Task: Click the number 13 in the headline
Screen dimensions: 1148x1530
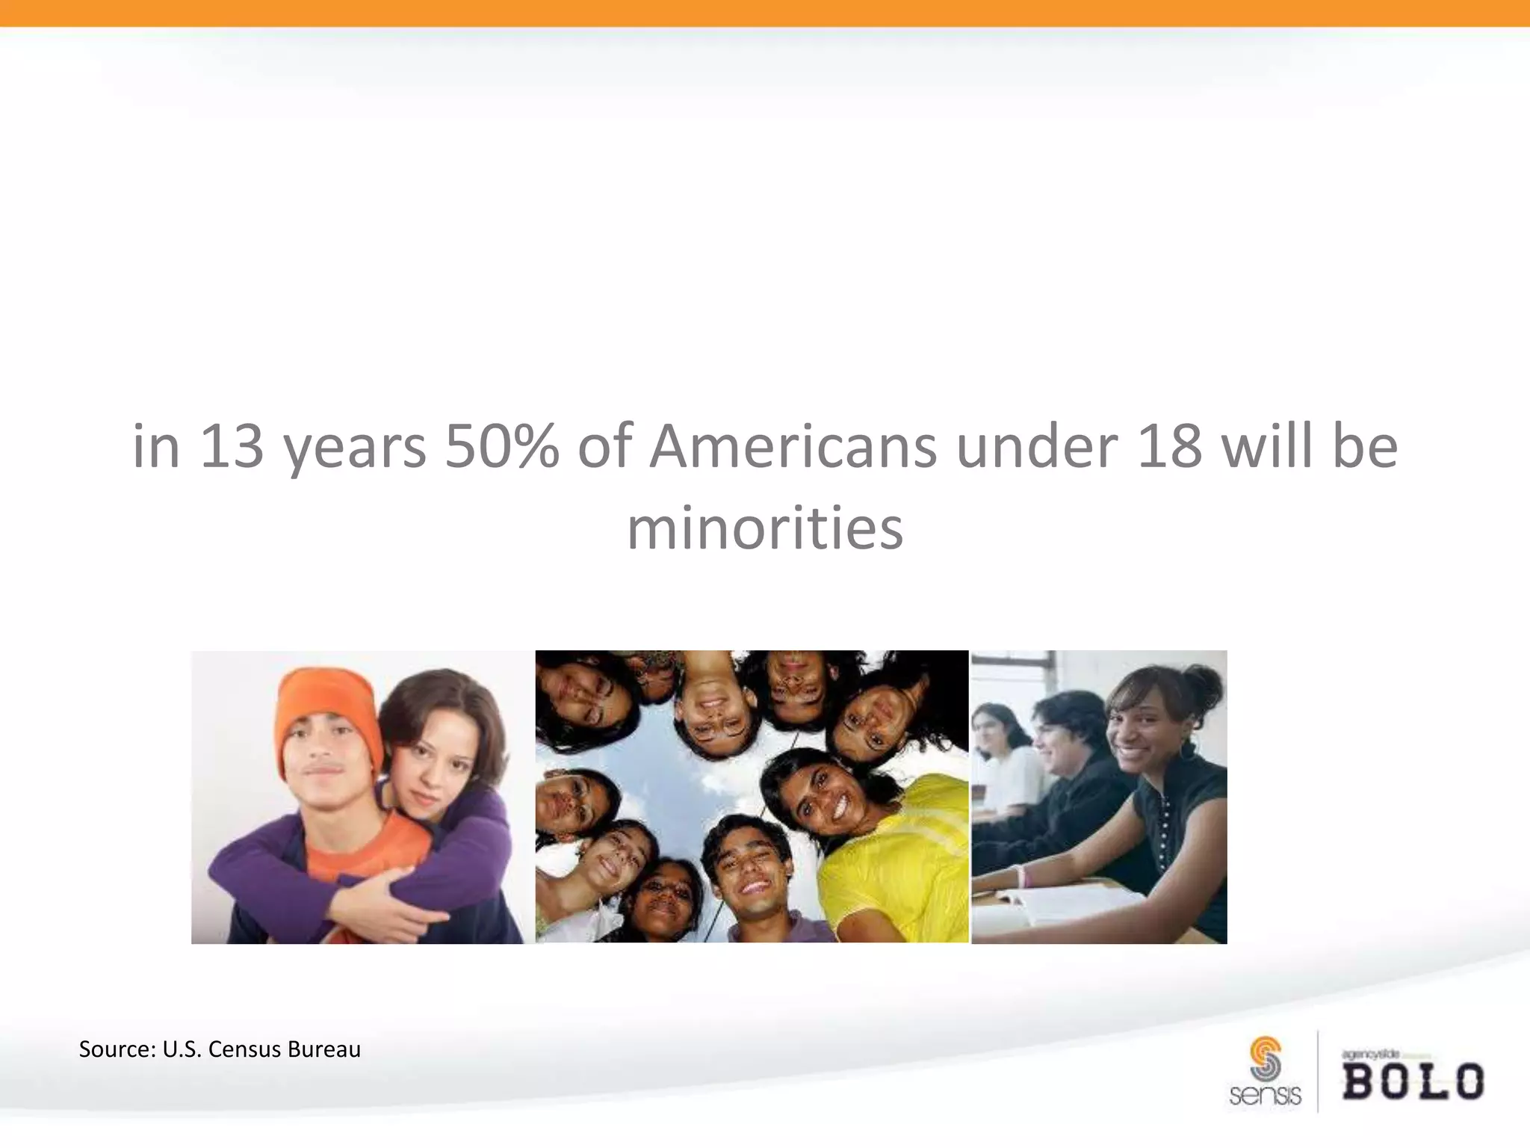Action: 232,446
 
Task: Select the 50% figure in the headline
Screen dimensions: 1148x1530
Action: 501,446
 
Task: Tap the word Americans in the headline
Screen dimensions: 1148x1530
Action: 793,446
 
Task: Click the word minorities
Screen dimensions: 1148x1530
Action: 765,528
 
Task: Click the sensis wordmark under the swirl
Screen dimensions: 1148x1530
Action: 1265,1096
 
